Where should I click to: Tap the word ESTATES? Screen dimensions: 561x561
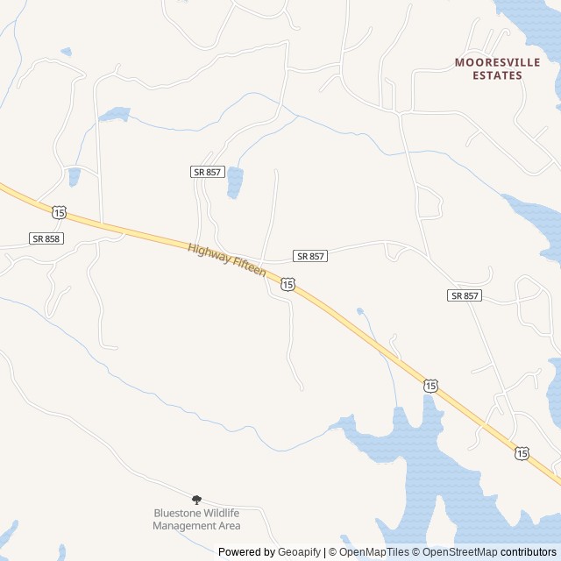(x=497, y=75)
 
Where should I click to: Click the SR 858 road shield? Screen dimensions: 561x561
(x=46, y=238)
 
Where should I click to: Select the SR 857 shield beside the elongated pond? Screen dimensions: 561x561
(x=207, y=172)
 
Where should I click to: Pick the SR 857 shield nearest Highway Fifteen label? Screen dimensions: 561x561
(x=310, y=256)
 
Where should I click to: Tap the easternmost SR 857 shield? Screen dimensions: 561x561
(x=465, y=295)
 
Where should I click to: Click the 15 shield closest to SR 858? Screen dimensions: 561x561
(x=59, y=212)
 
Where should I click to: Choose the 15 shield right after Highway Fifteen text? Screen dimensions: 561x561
(x=288, y=284)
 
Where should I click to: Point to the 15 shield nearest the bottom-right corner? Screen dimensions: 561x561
(x=522, y=453)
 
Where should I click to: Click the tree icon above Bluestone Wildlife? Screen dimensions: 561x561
(x=196, y=499)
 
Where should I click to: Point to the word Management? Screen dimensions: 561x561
(x=183, y=526)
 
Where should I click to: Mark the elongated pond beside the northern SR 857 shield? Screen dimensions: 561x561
(x=235, y=182)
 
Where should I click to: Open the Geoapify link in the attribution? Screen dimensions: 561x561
(x=299, y=552)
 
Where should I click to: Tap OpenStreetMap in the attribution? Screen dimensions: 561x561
(x=459, y=552)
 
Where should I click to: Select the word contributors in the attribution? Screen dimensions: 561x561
(x=529, y=552)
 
